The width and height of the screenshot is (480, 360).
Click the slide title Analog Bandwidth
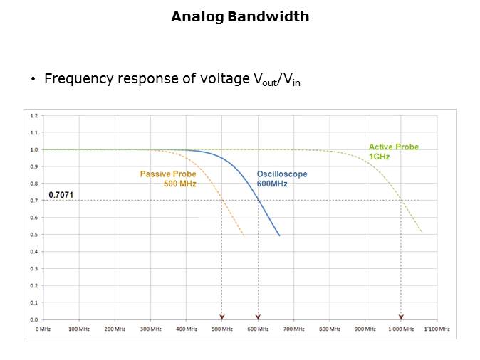(x=240, y=16)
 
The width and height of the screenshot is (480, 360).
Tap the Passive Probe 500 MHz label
(x=168, y=179)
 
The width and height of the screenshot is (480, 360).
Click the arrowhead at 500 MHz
(x=222, y=317)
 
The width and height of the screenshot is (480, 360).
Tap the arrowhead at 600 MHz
(x=258, y=317)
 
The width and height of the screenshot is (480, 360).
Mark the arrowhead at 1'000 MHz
(x=401, y=317)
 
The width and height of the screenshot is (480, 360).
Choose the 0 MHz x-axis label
(x=43, y=329)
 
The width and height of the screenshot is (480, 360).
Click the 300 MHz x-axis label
(x=150, y=329)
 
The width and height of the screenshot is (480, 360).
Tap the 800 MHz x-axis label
(x=329, y=329)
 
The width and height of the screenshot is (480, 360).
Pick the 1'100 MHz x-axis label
(x=436, y=329)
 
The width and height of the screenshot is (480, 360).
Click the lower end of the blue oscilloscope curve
(x=279, y=235)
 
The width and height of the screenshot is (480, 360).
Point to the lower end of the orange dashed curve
(x=244, y=235)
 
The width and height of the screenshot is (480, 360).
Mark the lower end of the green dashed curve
(x=422, y=233)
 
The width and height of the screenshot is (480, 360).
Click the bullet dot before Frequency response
(x=33, y=80)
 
